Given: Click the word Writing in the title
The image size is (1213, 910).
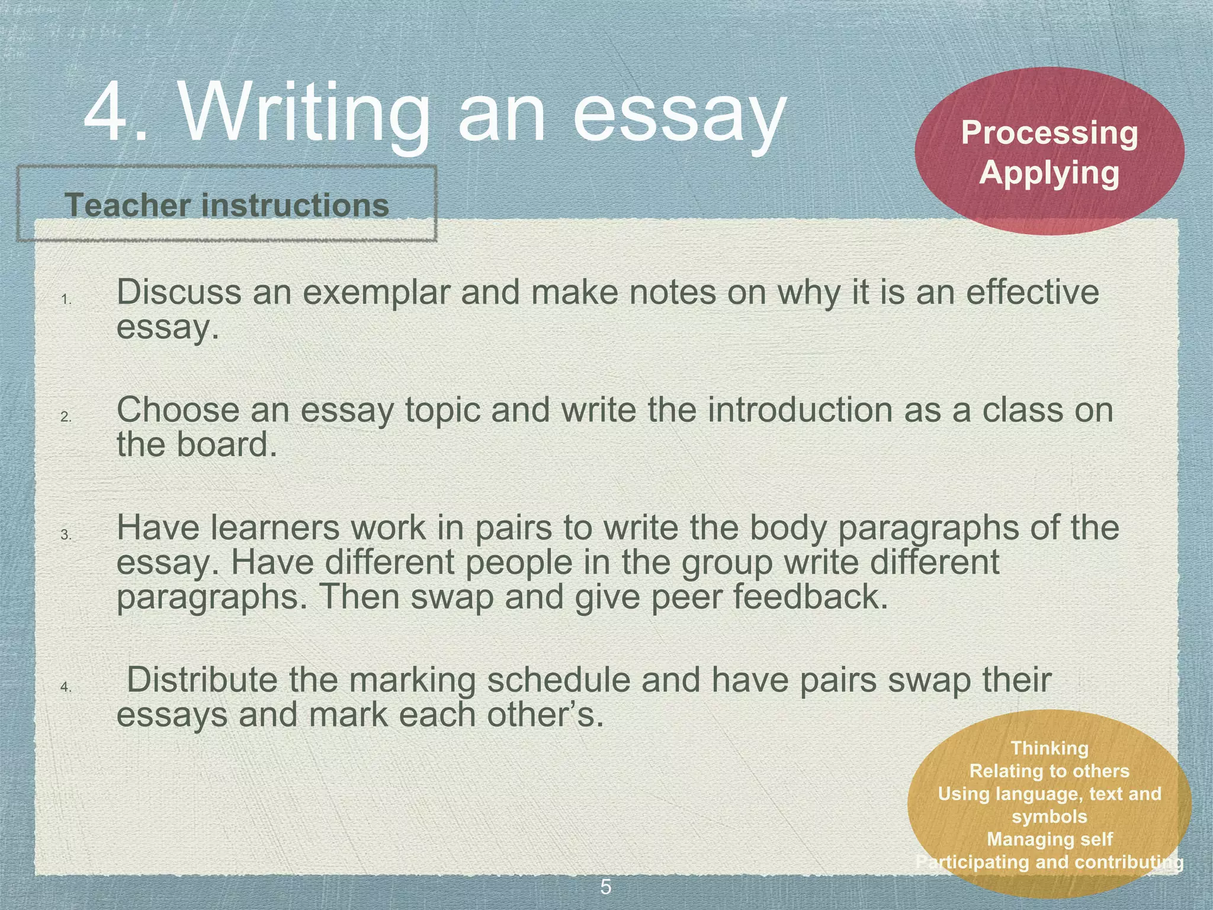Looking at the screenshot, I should coord(304,113).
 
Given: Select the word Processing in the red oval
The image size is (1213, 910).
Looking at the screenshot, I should coord(1050,134).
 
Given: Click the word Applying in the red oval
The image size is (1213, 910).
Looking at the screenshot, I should coord(1050,174).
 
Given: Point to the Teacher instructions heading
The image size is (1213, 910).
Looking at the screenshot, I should coord(227,205).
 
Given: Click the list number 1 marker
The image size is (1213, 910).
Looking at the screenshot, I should coord(66,300).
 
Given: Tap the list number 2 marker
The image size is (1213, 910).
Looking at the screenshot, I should coord(66,417).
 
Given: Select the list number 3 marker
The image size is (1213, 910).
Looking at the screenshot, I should coord(66,535).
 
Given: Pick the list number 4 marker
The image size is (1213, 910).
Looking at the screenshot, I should coord(66,687).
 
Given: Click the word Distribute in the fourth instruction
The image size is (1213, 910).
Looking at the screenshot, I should coord(202,680).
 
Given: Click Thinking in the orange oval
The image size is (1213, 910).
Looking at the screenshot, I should coord(1050,748).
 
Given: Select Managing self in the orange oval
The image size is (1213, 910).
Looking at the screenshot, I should coord(1050,839).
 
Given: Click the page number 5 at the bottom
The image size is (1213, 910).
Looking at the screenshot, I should coord(606,887).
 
